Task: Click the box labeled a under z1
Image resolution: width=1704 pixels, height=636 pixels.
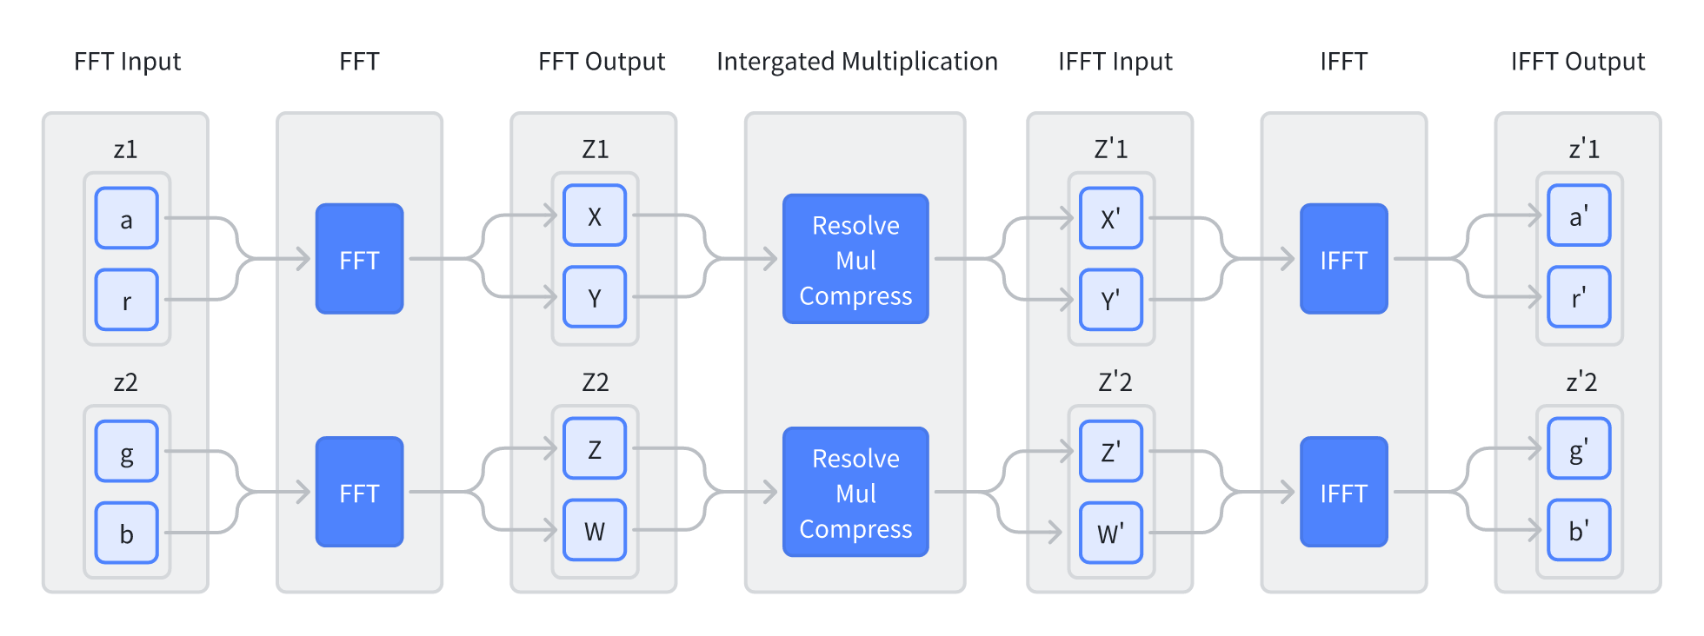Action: (x=127, y=218)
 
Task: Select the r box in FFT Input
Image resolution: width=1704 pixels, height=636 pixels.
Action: (x=127, y=300)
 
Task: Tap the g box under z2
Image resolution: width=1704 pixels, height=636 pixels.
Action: (x=127, y=451)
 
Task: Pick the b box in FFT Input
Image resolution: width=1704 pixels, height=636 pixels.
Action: (x=127, y=533)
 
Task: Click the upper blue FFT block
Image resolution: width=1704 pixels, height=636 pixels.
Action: (x=360, y=259)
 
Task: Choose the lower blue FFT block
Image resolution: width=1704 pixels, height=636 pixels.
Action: (x=360, y=492)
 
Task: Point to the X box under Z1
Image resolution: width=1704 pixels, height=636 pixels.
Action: (x=595, y=215)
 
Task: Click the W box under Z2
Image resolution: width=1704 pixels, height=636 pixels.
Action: (x=595, y=530)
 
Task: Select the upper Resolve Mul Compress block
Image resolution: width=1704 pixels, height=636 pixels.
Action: (x=856, y=259)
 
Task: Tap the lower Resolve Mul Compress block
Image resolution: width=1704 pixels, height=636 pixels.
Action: (x=856, y=492)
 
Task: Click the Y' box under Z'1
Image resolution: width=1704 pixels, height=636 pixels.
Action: (x=1111, y=300)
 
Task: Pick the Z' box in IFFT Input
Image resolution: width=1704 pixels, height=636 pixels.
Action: (x=1111, y=451)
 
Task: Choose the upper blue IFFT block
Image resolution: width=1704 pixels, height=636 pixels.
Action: (x=1344, y=259)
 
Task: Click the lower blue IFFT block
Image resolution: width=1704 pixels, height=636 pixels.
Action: (x=1344, y=492)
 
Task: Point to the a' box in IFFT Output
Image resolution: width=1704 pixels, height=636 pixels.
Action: (x=1580, y=215)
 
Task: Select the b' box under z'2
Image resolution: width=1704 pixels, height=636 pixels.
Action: (x=1580, y=530)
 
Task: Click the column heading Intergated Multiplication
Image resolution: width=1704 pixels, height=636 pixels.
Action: (x=857, y=62)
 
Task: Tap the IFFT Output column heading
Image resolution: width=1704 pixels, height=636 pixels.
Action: (x=1578, y=62)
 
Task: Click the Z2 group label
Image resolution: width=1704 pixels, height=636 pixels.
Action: (x=596, y=382)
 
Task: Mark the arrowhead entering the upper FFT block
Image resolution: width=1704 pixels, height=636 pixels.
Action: (x=303, y=259)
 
